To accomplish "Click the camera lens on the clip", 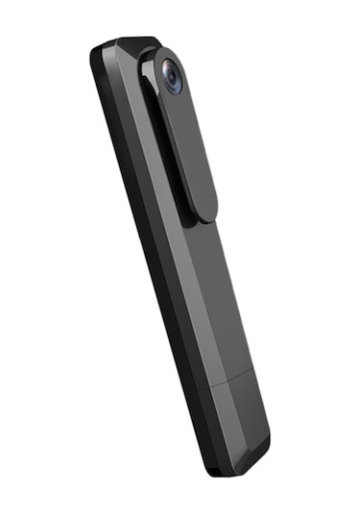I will (171, 76).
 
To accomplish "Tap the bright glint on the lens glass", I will (168, 71).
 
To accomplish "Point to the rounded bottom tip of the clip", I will (204, 213).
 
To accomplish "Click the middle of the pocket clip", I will (188, 144).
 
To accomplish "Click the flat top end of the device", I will (125, 43).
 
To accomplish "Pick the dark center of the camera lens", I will (172, 77).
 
